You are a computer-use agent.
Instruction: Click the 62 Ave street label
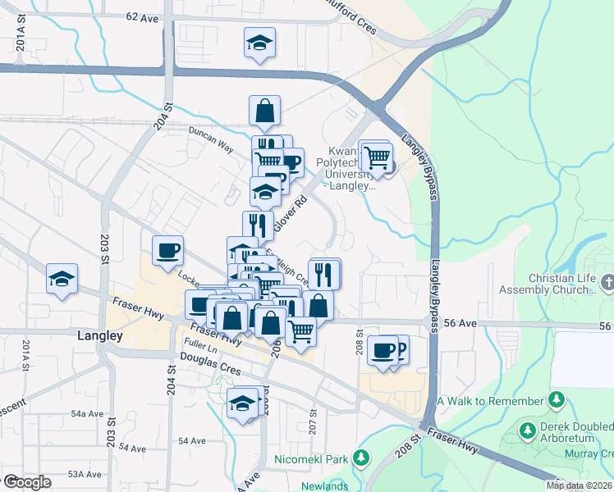(x=141, y=17)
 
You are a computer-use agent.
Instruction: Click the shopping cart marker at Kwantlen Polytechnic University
(x=377, y=156)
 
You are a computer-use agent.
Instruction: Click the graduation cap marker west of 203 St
(x=62, y=279)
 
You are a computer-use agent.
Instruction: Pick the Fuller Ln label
(x=200, y=351)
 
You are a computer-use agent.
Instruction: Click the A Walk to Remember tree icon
(x=557, y=400)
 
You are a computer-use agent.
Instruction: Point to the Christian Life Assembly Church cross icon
(x=607, y=284)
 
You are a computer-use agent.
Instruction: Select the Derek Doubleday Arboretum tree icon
(x=529, y=429)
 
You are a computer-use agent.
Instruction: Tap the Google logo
(x=26, y=481)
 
